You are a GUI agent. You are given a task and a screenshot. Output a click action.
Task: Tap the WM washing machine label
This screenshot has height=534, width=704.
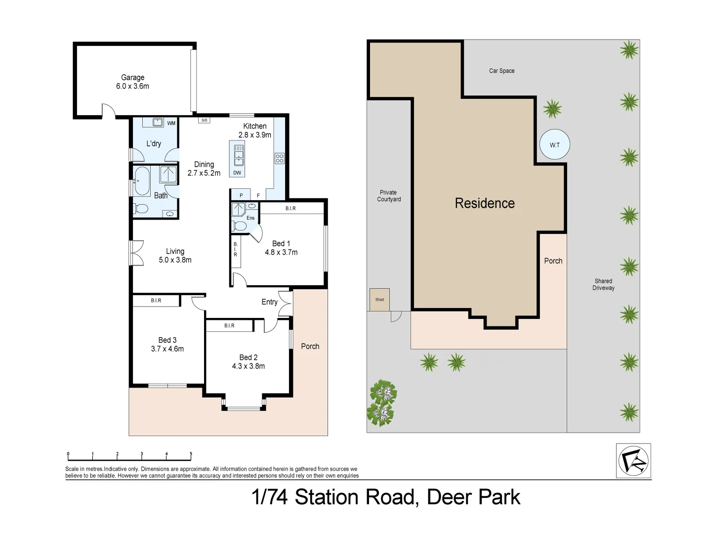point(171,123)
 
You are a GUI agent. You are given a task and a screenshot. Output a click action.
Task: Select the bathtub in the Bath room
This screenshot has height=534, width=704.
point(142,181)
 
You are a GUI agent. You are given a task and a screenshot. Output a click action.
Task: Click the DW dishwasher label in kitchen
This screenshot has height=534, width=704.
point(237,173)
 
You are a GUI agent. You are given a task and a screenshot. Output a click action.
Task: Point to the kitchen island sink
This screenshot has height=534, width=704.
point(239,154)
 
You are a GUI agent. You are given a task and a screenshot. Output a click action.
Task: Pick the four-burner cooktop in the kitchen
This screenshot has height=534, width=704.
point(280,158)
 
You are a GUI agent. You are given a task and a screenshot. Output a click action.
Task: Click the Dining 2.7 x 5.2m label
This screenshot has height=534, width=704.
point(204,169)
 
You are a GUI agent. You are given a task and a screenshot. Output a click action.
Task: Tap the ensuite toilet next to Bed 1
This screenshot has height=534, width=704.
point(240,226)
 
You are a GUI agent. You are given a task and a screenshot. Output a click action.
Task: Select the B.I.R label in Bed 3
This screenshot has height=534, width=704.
point(156,300)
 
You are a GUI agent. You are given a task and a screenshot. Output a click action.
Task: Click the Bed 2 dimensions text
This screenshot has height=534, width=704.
point(248,366)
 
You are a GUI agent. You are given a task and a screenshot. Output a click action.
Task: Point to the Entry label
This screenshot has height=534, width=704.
point(269,302)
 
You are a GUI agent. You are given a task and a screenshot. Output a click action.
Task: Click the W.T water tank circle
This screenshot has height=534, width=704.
point(555,145)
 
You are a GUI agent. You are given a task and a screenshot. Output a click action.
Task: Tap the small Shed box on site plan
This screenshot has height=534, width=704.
point(379,299)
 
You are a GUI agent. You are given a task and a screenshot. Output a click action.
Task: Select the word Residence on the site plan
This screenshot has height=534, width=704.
point(485,203)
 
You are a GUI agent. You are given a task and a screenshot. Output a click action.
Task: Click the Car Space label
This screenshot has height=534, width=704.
point(501,71)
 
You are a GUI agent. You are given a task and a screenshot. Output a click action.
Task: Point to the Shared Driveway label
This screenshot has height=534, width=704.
point(603,284)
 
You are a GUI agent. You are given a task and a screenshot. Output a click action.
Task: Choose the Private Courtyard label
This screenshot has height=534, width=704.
point(389,196)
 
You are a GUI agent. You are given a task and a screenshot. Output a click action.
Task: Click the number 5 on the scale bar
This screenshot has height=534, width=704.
point(191,454)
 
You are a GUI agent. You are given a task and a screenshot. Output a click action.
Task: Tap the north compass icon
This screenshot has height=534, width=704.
point(633,461)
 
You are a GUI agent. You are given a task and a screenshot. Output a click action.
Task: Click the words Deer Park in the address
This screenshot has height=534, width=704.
point(473,497)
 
